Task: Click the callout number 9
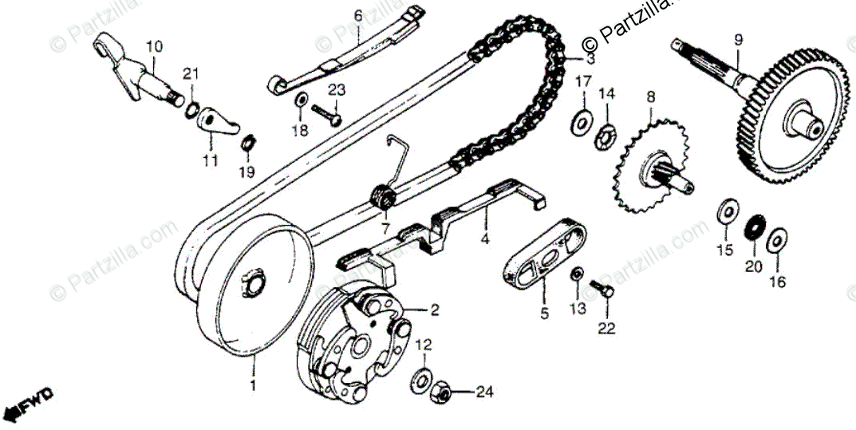pyautogui.click(x=737, y=38)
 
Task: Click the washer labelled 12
pyautogui.click(x=422, y=380)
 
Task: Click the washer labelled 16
pyautogui.click(x=777, y=241)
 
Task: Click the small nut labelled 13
pyautogui.click(x=576, y=274)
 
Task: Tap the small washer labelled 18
pyautogui.click(x=302, y=101)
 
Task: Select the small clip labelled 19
pyautogui.click(x=247, y=143)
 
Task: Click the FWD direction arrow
pyautogui.click(x=29, y=404)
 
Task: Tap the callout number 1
pyautogui.click(x=253, y=385)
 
